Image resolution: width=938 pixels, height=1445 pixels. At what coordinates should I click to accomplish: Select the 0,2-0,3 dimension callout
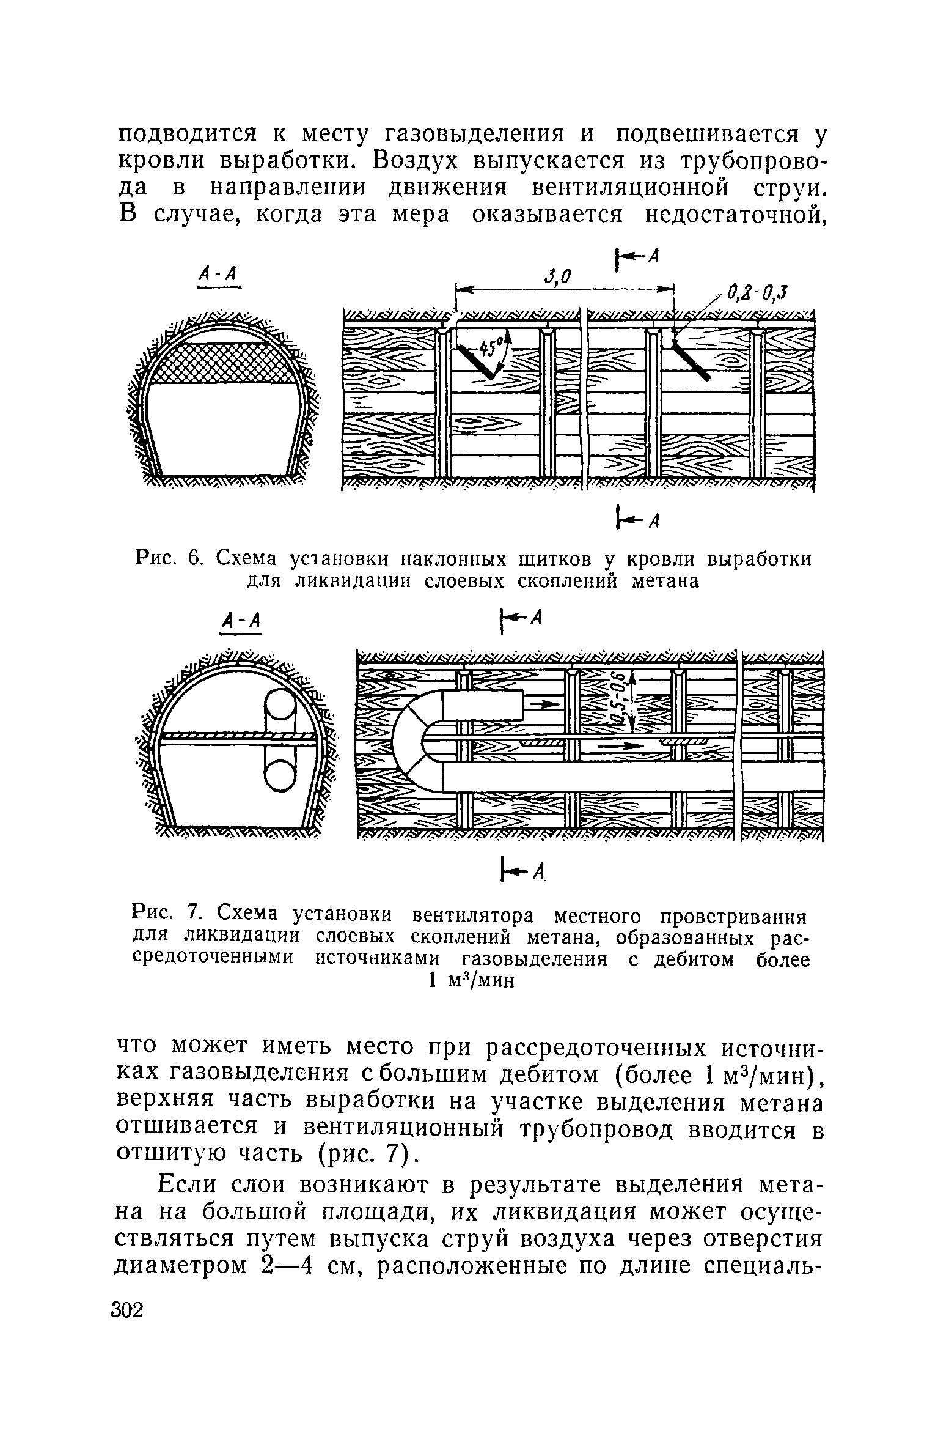coord(756,294)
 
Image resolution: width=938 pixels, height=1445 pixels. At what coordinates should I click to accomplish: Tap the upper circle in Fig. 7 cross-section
coord(280,710)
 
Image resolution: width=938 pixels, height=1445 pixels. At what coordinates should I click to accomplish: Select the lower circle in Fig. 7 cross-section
coord(280,774)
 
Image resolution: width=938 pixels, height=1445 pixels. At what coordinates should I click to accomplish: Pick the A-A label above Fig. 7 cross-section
coord(241,622)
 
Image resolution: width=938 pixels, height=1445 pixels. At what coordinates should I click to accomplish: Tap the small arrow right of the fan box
coord(546,705)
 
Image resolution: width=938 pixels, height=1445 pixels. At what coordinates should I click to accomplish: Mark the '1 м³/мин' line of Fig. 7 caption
coord(471,980)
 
